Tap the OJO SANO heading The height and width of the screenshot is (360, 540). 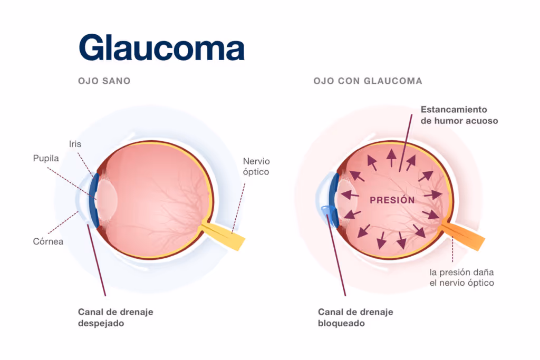[x=104, y=81]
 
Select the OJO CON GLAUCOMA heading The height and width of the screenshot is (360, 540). [x=368, y=81]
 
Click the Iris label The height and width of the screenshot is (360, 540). [x=75, y=143]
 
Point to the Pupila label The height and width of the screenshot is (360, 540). [x=45, y=158]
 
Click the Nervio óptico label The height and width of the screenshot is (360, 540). [x=256, y=167]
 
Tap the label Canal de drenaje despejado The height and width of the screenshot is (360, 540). [x=115, y=317]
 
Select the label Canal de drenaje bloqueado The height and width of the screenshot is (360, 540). [x=355, y=317]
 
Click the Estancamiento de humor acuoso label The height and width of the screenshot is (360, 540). [x=459, y=115]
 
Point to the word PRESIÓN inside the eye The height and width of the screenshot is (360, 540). [x=392, y=200]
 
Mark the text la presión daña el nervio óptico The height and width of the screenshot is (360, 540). [x=461, y=277]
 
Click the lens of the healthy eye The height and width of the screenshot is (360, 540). [x=108, y=201]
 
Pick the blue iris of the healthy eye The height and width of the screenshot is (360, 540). [x=95, y=200]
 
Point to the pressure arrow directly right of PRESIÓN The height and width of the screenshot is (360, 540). [x=433, y=195]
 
